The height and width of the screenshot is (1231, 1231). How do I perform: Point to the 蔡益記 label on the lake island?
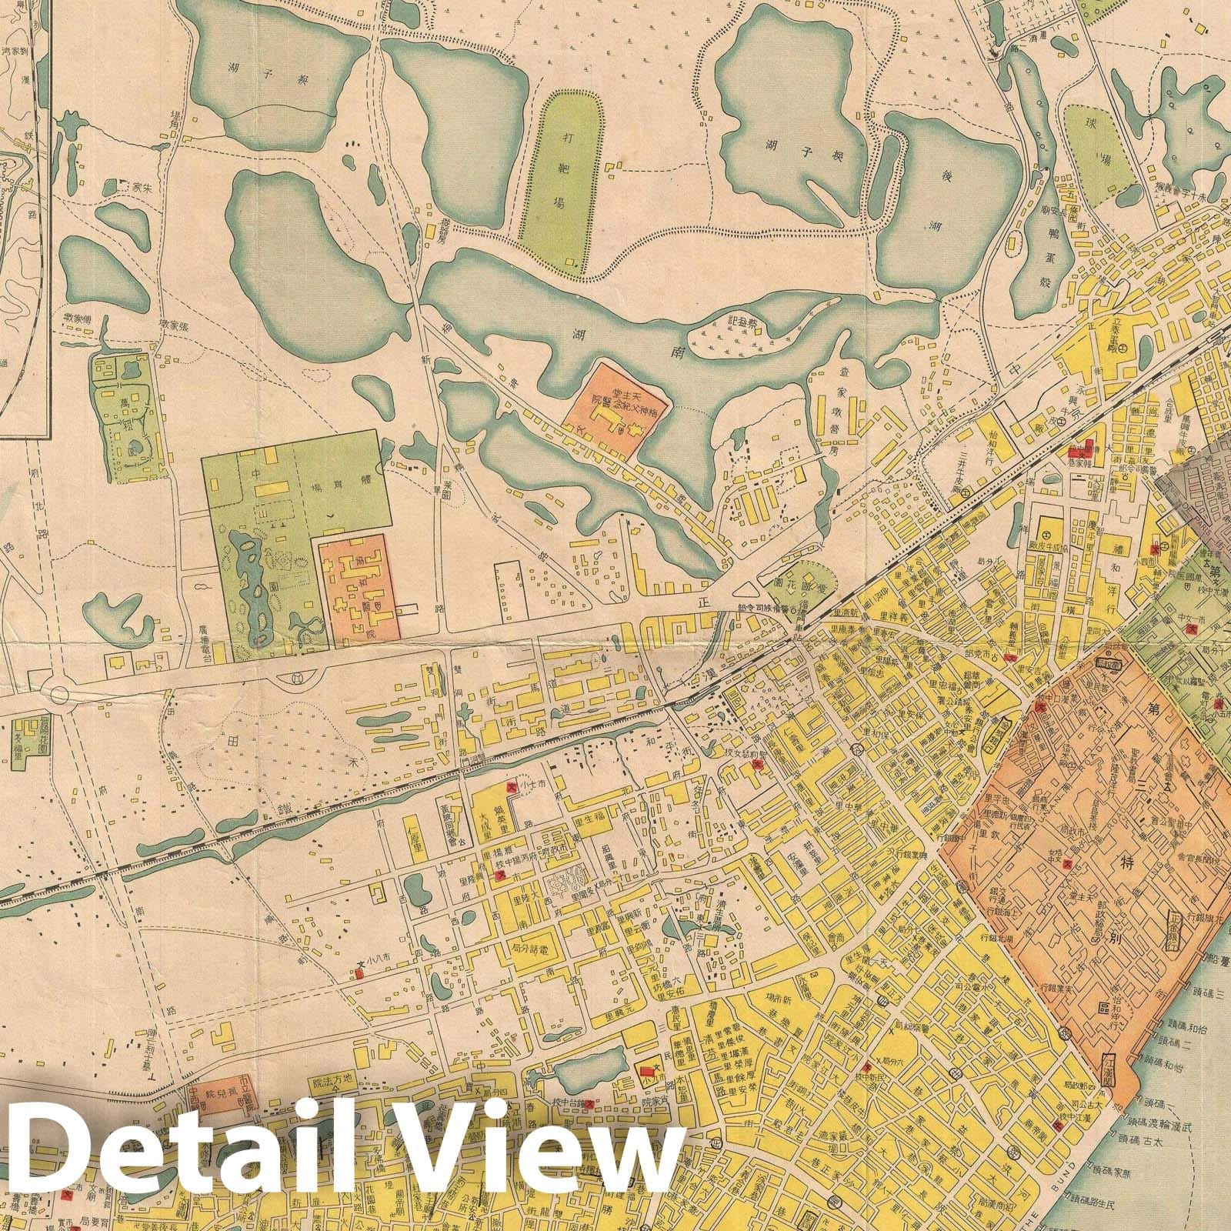747,322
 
